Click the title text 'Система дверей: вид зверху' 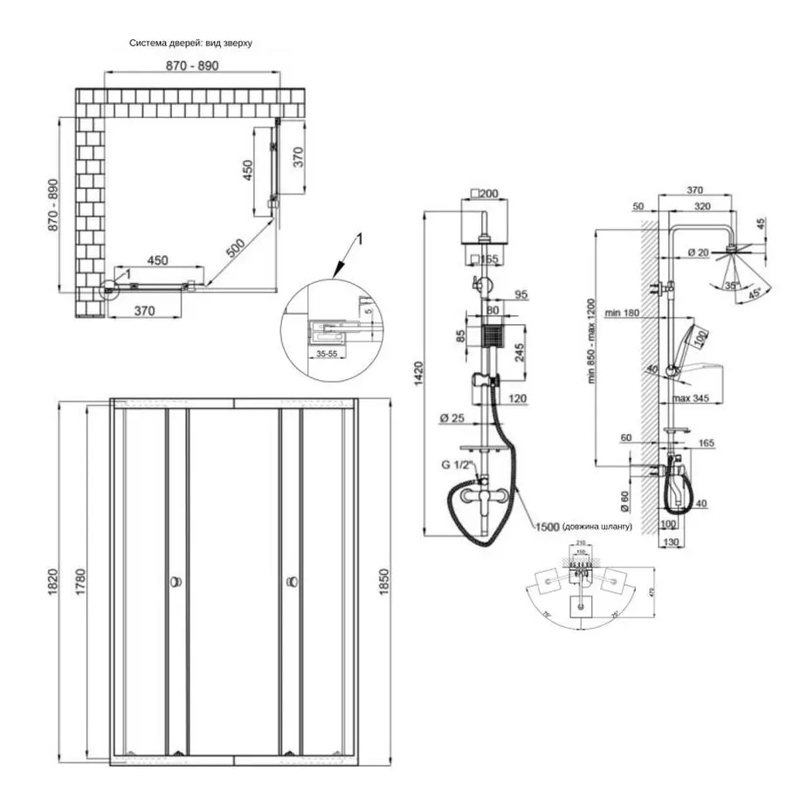tap(190, 43)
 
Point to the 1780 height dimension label tap(79, 580)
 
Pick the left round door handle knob tap(176, 581)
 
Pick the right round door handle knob tap(290, 581)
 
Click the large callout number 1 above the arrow tap(358, 238)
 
